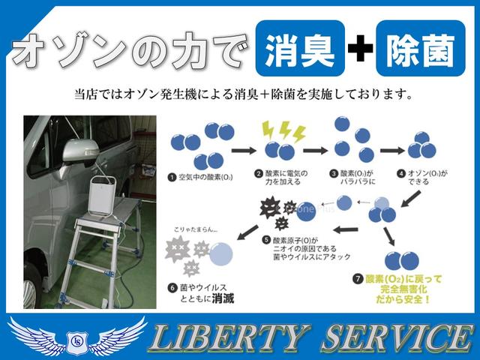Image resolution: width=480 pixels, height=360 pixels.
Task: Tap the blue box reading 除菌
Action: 417,50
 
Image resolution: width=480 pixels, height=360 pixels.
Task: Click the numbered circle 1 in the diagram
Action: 174,177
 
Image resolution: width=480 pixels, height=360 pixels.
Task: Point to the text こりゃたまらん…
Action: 197,232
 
